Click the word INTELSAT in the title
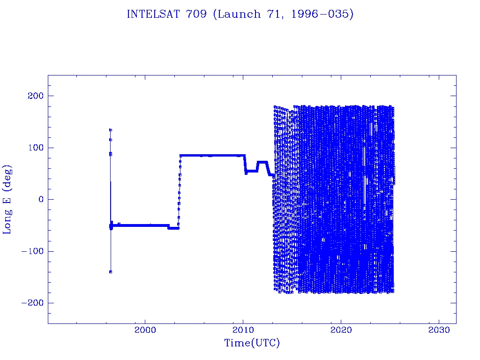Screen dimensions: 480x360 (153, 14)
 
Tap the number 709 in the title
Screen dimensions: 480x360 (196, 14)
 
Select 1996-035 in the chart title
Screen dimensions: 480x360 (322, 14)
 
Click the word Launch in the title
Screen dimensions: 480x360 (237, 14)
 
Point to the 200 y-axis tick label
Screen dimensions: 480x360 (36, 96)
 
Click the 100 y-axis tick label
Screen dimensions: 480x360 (36, 148)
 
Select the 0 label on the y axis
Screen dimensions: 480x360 (41, 199)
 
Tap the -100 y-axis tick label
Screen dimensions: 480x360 (32, 251)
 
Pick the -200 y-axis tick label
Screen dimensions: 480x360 (32, 303)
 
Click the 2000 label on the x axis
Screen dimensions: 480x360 (145, 330)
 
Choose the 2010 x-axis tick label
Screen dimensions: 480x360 (243, 330)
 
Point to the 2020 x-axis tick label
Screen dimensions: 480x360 (341, 330)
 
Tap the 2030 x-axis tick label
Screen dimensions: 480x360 (439, 330)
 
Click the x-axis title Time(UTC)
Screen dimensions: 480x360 (252, 343)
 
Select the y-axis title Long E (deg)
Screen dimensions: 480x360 (7, 199)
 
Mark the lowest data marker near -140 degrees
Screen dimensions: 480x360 (111, 272)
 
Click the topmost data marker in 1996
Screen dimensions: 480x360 (111, 130)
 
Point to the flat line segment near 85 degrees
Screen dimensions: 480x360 (212, 156)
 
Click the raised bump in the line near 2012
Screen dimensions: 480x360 (262, 162)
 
